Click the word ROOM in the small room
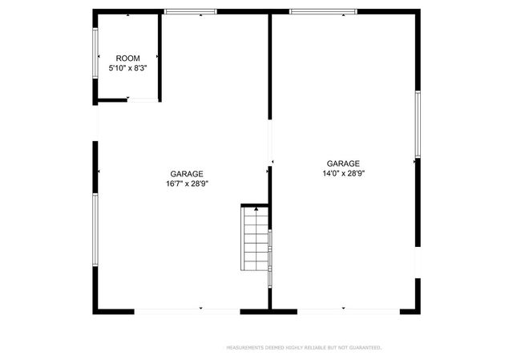point(127,59)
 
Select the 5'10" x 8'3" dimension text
point(127,69)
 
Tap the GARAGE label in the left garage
point(186,173)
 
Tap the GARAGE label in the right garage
point(342,162)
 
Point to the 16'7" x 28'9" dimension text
point(186,184)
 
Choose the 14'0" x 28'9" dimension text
point(342,172)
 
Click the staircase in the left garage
point(256,239)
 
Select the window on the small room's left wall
point(96,54)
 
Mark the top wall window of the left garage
point(190,11)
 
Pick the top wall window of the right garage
point(323,11)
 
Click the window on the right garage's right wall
point(417,124)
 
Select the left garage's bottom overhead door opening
point(188,309)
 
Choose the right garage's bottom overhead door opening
point(348,309)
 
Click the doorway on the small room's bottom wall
point(143,99)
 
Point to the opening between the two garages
point(270,141)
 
